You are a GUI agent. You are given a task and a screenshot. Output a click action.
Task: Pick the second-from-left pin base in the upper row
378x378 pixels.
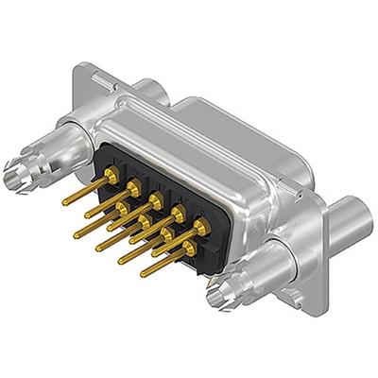coord(134,186)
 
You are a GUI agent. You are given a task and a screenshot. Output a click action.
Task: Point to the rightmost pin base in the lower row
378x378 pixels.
coord(189,247)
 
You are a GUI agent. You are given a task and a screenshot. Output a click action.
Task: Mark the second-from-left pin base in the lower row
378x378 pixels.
coord(144,216)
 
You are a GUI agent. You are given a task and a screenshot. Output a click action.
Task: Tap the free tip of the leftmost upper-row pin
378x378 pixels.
coord(64,202)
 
